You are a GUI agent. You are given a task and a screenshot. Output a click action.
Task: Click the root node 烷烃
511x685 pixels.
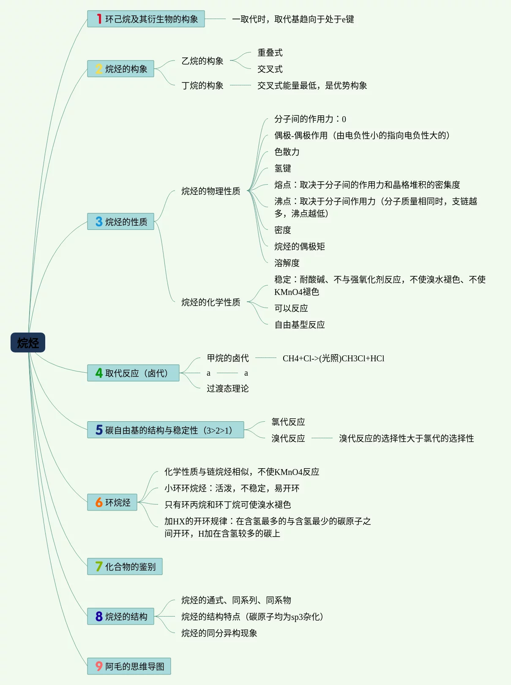[28, 343]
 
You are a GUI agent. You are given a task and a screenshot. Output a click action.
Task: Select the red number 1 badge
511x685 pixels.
[99, 19]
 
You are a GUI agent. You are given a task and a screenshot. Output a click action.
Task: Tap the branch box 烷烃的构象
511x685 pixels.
[120, 69]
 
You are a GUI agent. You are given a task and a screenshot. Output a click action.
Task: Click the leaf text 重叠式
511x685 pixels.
[270, 53]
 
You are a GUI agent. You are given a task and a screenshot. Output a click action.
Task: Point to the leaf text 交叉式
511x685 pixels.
[270, 69]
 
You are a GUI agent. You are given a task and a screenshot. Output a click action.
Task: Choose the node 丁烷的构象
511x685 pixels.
[202, 86]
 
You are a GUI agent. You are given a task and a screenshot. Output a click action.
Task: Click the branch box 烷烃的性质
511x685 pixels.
[120, 222]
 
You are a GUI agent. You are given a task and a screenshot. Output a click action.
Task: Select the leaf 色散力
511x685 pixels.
[287, 152]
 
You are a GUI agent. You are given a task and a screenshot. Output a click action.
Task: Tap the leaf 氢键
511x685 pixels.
[282, 169]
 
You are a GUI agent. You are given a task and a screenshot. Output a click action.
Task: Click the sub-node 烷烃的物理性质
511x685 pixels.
[210, 191]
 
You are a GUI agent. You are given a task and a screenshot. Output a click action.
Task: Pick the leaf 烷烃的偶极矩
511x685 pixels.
[299, 247]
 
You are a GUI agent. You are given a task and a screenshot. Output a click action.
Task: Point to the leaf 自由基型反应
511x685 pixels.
[299, 325]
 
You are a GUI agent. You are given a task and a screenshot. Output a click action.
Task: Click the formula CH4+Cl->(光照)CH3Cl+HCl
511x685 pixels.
[333, 359]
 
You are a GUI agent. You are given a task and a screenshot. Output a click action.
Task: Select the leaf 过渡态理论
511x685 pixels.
[227, 389]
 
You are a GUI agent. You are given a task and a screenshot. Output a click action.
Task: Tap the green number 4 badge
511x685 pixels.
[99, 373]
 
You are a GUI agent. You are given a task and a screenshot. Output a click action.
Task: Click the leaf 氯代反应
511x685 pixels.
[288, 422]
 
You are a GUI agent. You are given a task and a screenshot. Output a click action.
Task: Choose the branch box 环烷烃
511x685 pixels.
[112, 502]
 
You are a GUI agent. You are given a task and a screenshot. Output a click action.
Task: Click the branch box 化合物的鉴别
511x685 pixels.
[125, 567]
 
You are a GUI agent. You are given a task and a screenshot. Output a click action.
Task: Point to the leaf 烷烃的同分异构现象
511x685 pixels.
[219, 633]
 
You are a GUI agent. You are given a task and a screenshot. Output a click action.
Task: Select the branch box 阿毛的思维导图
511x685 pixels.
[129, 666]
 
